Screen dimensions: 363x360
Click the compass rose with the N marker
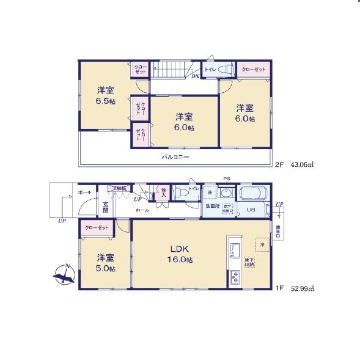64,276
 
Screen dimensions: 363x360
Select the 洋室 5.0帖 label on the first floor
105,262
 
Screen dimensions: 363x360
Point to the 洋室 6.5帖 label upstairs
105,95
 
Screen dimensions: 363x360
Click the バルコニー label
175,157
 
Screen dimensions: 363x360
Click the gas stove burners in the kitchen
235,277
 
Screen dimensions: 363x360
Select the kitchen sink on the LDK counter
235,250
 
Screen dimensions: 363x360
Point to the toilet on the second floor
222,70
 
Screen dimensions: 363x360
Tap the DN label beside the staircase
195,76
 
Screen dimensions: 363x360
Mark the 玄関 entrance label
105,206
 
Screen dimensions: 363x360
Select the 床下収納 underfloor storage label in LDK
250,263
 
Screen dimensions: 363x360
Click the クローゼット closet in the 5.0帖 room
97,227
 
